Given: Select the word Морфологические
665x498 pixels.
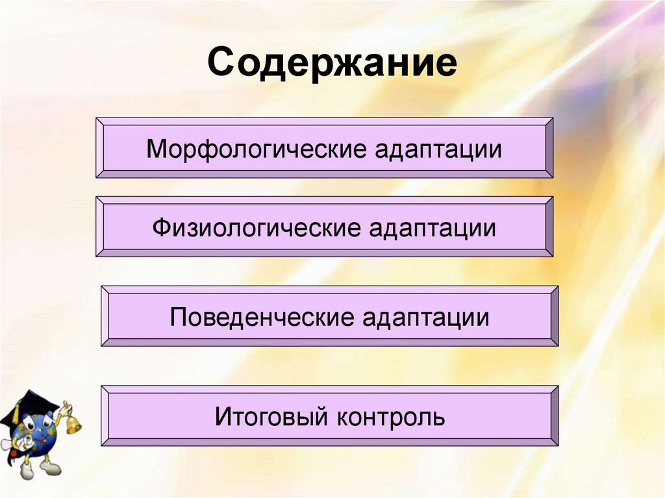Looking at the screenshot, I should pos(256,149).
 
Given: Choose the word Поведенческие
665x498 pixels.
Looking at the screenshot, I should pos(262,317).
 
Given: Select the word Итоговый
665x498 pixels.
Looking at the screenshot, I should pos(271,416).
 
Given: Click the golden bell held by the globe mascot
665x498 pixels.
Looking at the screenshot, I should pos(73,425).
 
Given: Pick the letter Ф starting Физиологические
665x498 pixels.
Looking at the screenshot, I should pos(161,228).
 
